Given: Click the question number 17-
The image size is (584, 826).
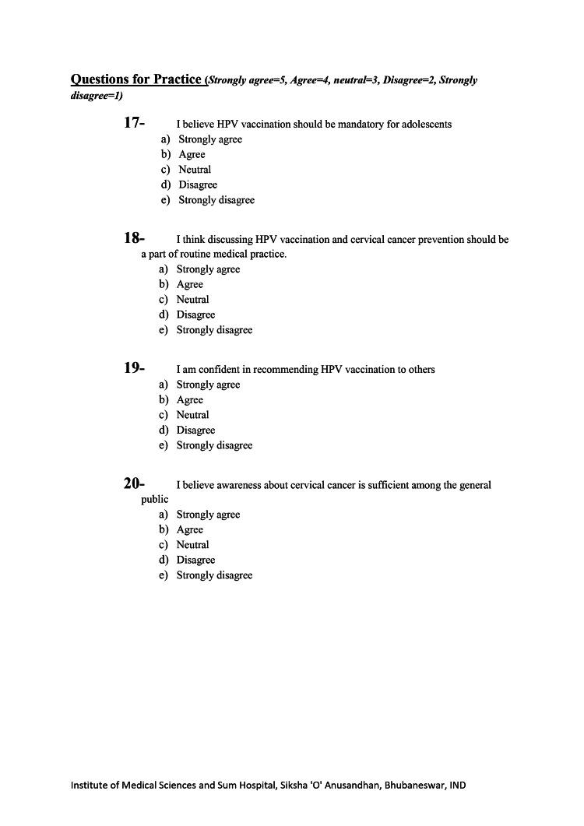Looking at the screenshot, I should (x=134, y=122).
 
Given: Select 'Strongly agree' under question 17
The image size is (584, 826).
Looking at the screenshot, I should (x=210, y=139).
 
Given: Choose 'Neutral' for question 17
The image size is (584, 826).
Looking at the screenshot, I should (x=195, y=170).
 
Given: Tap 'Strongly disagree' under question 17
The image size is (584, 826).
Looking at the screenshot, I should (x=216, y=200).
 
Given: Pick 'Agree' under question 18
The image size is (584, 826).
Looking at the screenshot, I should (x=189, y=285).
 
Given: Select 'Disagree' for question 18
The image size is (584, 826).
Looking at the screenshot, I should (x=195, y=315).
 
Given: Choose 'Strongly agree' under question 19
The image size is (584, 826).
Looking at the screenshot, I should (x=208, y=385).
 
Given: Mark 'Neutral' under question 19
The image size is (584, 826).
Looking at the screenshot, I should (x=192, y=415).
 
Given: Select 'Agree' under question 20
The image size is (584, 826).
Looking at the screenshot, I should (x=189, y=530).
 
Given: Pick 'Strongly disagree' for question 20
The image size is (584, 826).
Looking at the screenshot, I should (x=214, y=575).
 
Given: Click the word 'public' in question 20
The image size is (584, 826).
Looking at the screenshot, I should (x=154, y=499).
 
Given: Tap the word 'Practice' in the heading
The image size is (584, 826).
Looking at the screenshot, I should (x=173, y=79).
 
